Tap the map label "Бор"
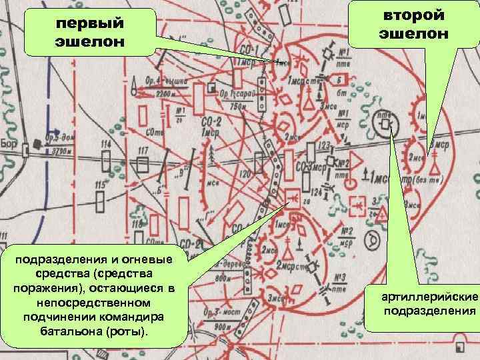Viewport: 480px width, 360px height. pos(8,144)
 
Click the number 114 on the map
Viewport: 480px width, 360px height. pos(106,145)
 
